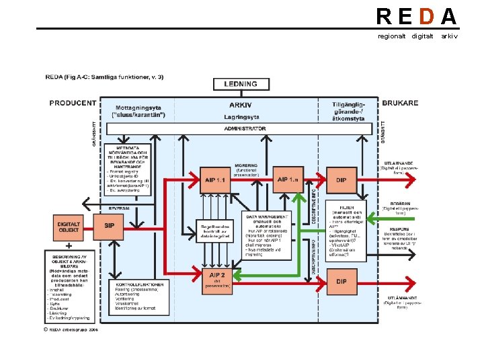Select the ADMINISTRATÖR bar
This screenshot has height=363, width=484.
245,128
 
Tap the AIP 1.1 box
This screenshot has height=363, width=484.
215,179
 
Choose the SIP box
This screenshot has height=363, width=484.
109,226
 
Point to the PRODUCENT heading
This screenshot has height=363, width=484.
72,103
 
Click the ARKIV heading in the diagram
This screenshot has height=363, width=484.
240,105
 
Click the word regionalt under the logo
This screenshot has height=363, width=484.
391,36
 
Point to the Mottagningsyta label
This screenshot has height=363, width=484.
140,108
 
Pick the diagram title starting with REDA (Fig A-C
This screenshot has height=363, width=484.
104,77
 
